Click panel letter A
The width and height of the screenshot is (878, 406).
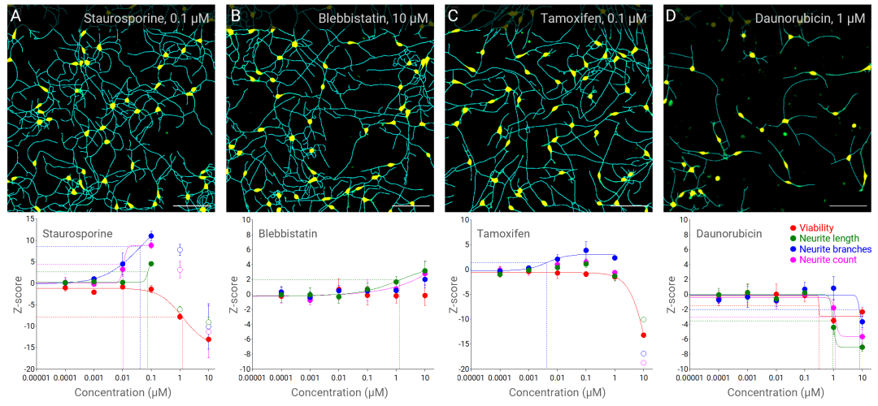coord(15,15)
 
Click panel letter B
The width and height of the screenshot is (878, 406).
coord(235,15)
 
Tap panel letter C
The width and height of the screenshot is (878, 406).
coord(454,15)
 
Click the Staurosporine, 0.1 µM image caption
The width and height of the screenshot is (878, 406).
coord(143,17)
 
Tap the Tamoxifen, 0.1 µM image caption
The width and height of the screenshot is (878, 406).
coord(583,17)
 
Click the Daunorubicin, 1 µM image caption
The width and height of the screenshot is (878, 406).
coord(799,17)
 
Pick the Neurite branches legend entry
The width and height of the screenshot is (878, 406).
coord(837,249)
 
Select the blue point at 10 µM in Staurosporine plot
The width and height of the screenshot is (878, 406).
coord(209,327)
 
